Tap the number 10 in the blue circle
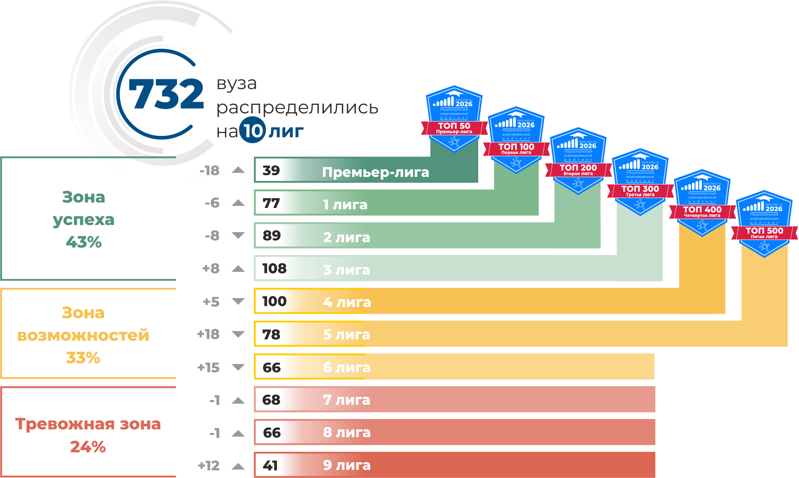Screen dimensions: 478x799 252,131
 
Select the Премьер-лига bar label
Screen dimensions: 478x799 375,172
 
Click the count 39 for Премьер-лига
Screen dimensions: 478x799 271,171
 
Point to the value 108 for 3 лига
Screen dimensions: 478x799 274,269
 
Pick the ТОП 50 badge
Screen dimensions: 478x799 454,119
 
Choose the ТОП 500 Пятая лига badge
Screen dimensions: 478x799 764,224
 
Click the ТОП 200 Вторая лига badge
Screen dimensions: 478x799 578,161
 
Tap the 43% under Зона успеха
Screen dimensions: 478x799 84,242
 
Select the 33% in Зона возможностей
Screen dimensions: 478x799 83,358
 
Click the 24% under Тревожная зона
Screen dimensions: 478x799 88,446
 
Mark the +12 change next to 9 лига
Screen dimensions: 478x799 209,465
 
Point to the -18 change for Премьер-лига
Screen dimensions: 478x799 209,171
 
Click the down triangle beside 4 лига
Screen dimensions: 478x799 238,302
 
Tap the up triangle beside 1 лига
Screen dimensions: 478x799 238,203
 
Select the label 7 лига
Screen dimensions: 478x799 346,400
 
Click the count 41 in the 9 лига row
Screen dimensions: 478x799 270,465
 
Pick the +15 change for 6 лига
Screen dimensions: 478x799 209,368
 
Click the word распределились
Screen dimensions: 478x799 297,108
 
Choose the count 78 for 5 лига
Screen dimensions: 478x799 271,334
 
